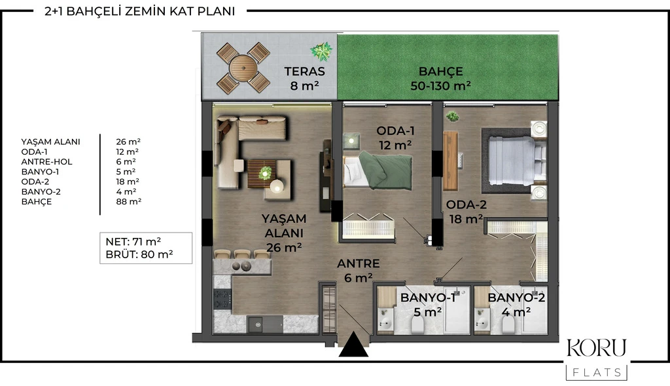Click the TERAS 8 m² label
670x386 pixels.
point(305,78)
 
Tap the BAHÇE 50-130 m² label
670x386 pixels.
point(440,78)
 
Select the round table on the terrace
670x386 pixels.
point(243,68)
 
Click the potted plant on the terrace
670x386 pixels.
point(321,51)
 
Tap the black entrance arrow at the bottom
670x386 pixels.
point(353,345)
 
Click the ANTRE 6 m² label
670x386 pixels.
point(358,271)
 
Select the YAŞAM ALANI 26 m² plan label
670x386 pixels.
point(284,233)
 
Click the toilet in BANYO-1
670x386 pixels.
point(417,327)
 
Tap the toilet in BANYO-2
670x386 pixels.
point(508,327)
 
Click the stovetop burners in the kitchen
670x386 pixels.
point(222,299)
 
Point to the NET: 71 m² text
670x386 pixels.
point(133,242)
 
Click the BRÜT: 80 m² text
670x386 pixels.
point(139,254)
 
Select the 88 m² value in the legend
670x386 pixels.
point(129,202)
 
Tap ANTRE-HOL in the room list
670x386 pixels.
point(47,162)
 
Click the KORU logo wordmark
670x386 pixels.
point(597,349)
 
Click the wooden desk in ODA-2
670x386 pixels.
point(450,161)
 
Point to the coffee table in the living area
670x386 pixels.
point(262,174)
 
